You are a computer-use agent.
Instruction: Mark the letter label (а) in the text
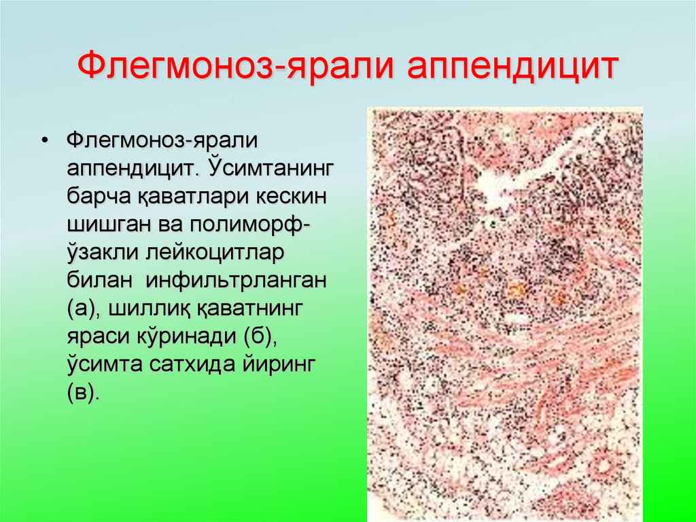coord(82,314)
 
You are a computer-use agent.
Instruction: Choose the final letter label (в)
coord(82,402)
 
